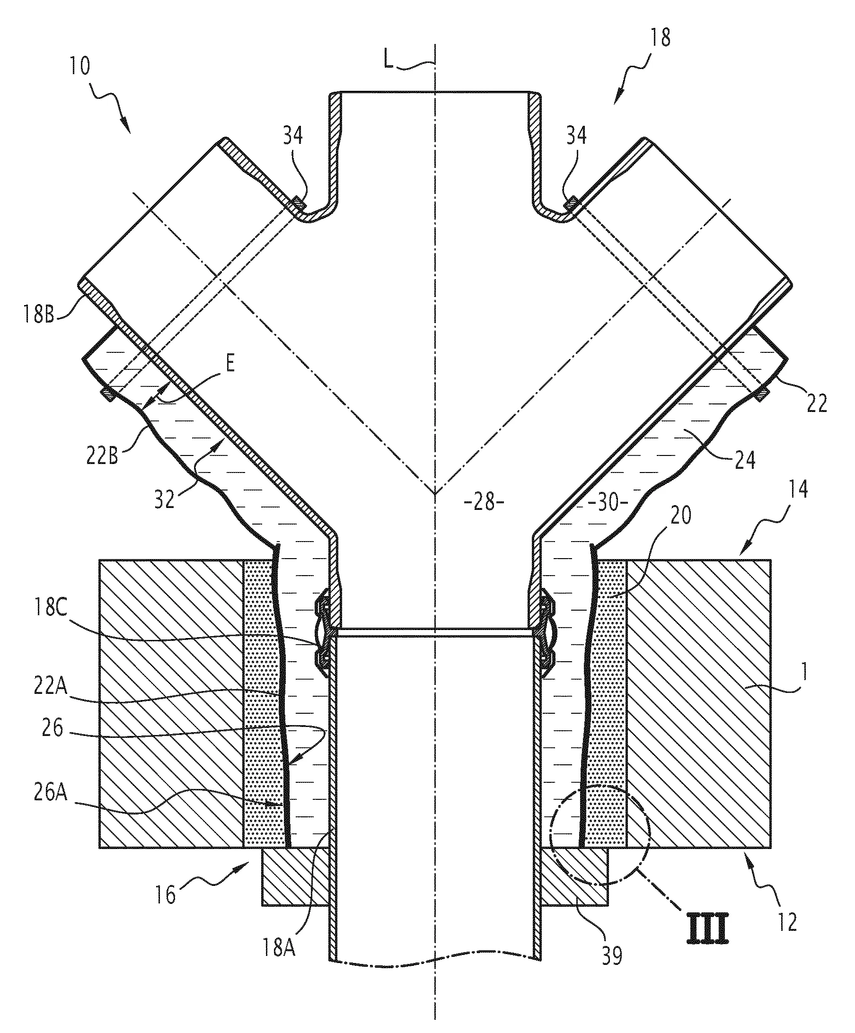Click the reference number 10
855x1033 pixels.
79,66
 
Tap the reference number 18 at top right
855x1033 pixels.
660,38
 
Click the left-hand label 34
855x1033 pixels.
293,135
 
